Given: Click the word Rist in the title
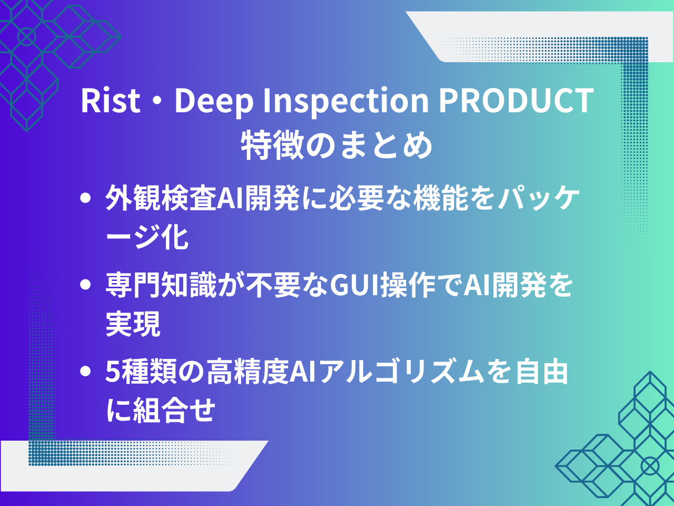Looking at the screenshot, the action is [x=111, y=100].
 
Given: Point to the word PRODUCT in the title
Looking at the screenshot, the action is [x=516, y=100].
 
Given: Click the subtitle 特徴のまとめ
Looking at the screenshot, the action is [x=337, y=145].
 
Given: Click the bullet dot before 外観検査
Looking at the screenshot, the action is [x=85, y=198].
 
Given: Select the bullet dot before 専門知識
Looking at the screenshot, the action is [x=85, y=285].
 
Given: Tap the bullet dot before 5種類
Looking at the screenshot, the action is [x=85, y=371].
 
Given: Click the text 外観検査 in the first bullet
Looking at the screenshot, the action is [x=161, y=198].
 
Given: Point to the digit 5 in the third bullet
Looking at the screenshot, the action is [x=112, y=372].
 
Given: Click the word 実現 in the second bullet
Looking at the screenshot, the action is [x=133, y=324].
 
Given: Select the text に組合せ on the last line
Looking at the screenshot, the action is [x=160, y=410].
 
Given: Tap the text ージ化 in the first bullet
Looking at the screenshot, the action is [x=147, y=237].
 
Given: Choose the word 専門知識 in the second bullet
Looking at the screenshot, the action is [x=161, y=285].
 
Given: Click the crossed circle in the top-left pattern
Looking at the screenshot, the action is [x=27, y=36].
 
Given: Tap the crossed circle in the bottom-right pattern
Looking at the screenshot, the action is [x=650, y=466].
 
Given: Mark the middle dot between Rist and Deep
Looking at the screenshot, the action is [x=157, y=101].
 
